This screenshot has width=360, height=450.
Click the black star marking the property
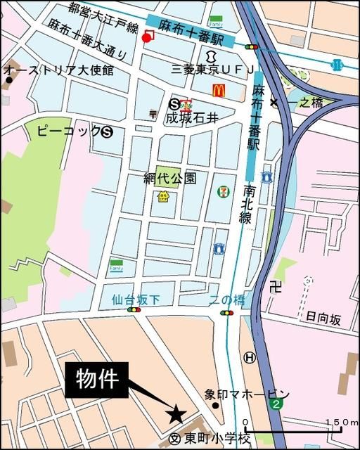[176, 415]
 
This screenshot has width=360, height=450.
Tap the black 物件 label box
[98, 379]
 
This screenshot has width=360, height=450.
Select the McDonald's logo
[219, 91]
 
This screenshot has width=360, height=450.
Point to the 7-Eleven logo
[222, 190]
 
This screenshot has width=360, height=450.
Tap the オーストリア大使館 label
[59, 70]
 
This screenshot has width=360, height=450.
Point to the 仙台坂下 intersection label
[135, 300]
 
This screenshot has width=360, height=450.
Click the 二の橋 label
[228, 300]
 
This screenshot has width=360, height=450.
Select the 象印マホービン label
[247, 394]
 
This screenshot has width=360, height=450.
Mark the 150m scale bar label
[342, 422]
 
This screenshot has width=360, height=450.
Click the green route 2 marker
[278, 404]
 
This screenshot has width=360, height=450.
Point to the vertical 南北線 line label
[247, 205]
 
